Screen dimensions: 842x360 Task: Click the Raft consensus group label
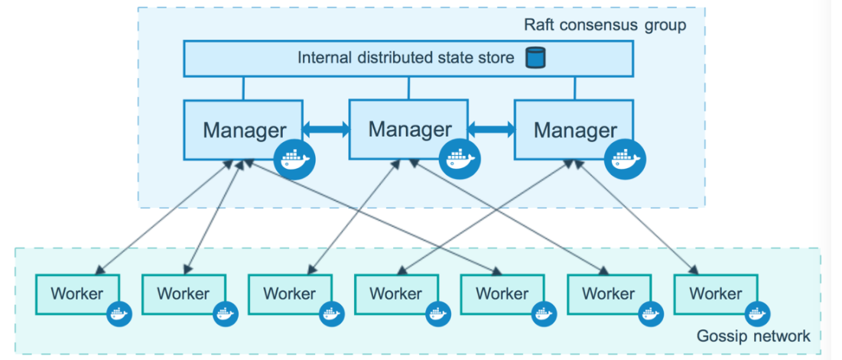(x=605, y=25)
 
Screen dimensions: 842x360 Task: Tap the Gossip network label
(x=753, y=336)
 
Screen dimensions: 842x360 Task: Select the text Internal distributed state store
(x=406, y=57)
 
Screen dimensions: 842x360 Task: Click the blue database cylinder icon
(x=535, y=57)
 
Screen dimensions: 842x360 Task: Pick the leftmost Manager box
(x=243, y=129)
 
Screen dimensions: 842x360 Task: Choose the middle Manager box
(x=408, y=129)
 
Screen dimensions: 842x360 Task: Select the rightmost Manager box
(x=574, y=129)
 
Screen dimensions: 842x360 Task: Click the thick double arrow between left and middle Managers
(x=326, y=128)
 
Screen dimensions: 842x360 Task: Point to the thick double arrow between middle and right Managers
(x=491, y=128)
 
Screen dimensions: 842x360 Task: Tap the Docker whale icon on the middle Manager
(x=460, y=159)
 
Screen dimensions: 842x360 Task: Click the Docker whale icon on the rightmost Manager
(x=625, y=159)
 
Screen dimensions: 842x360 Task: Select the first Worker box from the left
(x=77, y=294)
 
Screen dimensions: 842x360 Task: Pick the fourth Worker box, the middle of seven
(x=395, y=294)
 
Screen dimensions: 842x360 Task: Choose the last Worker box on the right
(x=715, y=294)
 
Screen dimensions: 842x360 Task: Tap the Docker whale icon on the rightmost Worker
(x=758, y=314)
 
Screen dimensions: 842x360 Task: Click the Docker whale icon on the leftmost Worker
(x=119, y=314)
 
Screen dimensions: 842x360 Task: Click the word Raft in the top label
(x=539, y=25)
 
